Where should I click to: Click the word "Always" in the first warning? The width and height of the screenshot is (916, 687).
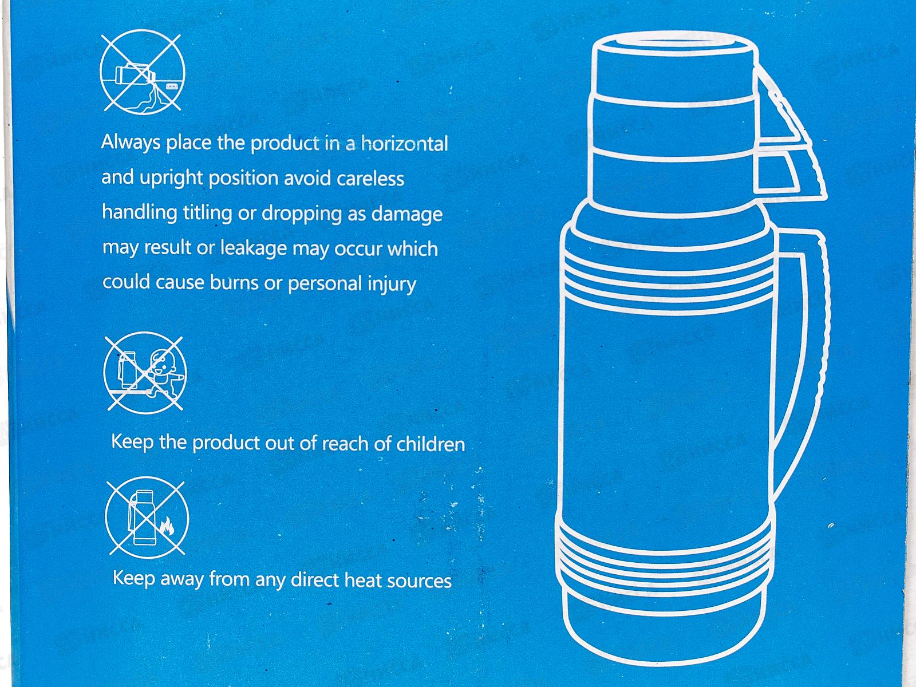[131, 143]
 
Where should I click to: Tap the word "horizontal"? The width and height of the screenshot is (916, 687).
[404, 144]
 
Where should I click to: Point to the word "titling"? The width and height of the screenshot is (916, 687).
[207, 213]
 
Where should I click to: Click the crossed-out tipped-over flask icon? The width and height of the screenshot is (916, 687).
[143, 72]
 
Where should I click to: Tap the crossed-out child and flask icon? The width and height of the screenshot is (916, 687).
[144, 373]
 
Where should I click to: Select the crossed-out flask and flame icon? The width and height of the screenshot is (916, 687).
[147, 518]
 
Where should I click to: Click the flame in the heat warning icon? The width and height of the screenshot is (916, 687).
[167, 526]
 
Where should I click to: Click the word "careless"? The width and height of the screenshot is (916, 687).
[370, 179]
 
